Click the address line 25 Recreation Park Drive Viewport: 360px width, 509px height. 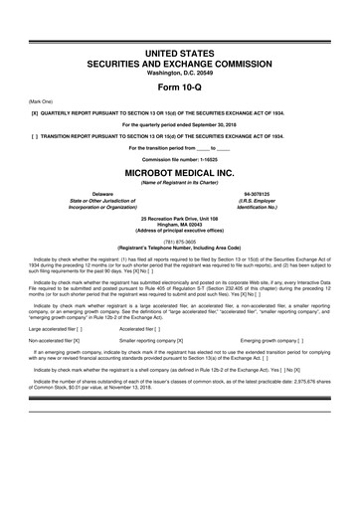pos(179,216)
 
